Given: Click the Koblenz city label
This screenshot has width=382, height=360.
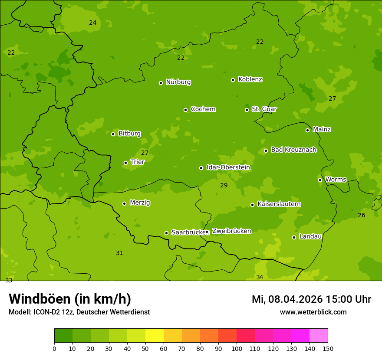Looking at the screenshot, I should click(x=250, y=79).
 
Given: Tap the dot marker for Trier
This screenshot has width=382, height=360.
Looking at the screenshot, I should click(x=125, y=163).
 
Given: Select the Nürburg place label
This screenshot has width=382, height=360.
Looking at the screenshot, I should click(x=178, y=82).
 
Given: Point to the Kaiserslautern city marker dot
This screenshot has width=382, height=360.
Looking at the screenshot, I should click(x=252, y=205).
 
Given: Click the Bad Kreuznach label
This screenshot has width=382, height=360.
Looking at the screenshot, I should click(x=293, y=150).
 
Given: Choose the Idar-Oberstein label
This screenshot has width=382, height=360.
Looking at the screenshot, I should click(x=228, y=167).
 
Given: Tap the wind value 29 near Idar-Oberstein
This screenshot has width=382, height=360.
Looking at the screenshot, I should click(x=224, y=185).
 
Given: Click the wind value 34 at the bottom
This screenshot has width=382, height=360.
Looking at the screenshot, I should click(x=260, y=277).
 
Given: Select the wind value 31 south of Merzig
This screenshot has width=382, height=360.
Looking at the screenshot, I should click(x=119, y=253).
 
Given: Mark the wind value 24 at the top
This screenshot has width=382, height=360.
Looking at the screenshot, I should click(x=92, y=23).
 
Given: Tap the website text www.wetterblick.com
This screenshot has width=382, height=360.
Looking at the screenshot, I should click(x=313, y=312).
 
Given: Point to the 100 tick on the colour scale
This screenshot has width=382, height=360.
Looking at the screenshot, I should click(x=237, y=348).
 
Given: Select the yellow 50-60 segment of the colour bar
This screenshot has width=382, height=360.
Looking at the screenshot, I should click(x=155, y=336).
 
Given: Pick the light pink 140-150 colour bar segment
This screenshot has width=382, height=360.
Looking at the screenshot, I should click(x=319, y=336).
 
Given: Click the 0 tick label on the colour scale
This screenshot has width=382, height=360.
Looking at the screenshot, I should click(x=54, y=348).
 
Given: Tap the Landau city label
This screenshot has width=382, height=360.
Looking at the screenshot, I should click(x=310, y=236).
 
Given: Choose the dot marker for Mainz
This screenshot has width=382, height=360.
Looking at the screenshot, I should click(x=307, y=130).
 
